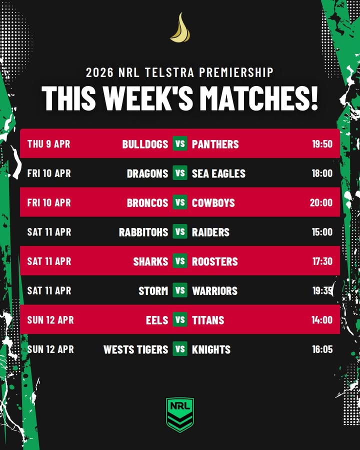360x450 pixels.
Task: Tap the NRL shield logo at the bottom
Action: (x=180, y=414)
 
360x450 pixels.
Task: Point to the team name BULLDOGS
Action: (x=145, y=144)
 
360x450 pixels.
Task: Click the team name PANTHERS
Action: (x=215, y=144)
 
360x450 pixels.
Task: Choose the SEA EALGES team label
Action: (x=218, y=173)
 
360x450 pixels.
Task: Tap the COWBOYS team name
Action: (x=213, y=202)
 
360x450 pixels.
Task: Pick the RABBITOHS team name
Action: (x=143, y=232)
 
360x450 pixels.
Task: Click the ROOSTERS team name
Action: (x=215, y=261)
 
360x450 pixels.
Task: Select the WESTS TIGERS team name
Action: (x=135, y=349)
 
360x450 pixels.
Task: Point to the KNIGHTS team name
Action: (x=211, y=349)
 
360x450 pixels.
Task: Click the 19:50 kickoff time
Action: (x=322, y=144)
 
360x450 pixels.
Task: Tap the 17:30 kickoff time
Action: (x=322, y=261)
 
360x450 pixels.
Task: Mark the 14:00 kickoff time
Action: (x=322, y=320)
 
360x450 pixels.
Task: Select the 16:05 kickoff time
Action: (x=322, y=349)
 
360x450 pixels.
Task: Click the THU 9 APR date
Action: (x=48, y=144)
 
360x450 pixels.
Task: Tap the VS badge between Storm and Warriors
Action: (x=180, y=290)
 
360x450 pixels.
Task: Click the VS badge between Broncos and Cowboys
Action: (x=180, y=202)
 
